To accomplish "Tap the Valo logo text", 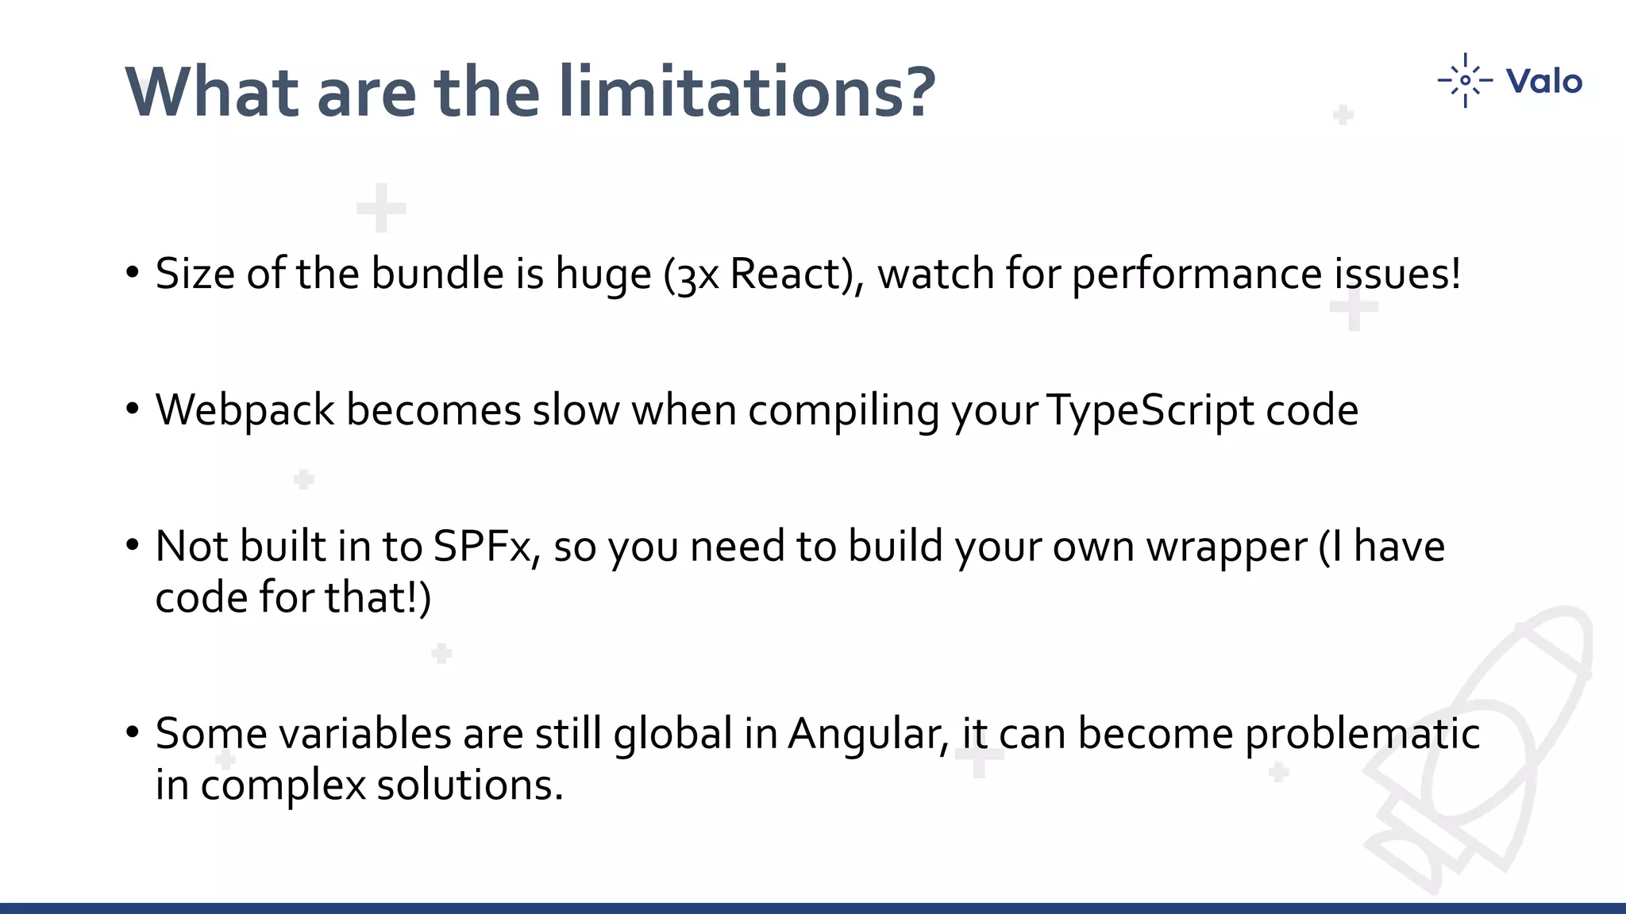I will [1543, 81].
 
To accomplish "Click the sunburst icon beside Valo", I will [1465, 80].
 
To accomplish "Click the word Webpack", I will [245, 410].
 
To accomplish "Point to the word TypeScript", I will [1150, 410].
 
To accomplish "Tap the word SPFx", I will [481, 547].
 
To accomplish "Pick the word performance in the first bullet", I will [1196, 274].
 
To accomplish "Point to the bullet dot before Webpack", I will [133, 409].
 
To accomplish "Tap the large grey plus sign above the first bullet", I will [381, 208].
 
